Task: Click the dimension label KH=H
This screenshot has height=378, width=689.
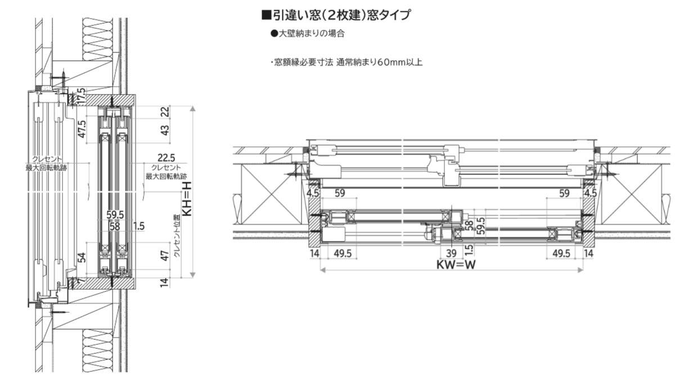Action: pos(188,198)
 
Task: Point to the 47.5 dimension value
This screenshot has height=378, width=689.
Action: pos(82,129)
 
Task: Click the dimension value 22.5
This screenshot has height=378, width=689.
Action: pos(166,159)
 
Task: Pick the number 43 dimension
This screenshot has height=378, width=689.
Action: pos(165,129)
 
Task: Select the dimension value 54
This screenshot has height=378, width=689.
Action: pos(81,258)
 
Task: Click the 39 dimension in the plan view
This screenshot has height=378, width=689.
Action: pos(451,253)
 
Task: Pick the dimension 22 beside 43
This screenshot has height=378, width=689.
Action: pos(165,111)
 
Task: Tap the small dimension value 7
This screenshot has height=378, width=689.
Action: pos(81,280)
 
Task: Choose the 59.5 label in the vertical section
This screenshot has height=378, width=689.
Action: pos(115,214)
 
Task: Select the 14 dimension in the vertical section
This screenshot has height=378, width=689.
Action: pos(165,282)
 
